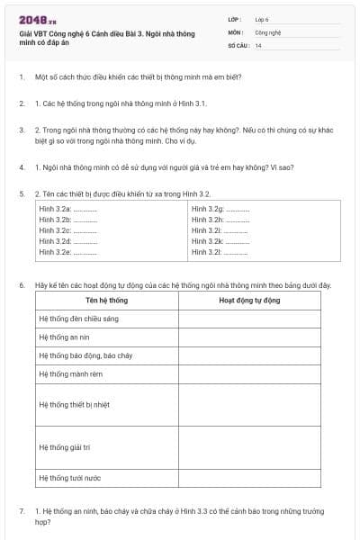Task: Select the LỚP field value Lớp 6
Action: (262, 19)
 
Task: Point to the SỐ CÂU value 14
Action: (258, 44)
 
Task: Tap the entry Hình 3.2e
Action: (68, 253)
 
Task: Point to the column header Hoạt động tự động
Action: (248, 301)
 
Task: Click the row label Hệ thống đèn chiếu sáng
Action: (79, 319)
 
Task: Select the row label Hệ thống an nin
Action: (65, 337)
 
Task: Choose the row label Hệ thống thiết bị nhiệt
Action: (79, 404)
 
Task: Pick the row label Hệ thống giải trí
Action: (70, 446)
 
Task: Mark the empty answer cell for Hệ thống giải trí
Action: (258, 446)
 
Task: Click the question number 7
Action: (22, 510)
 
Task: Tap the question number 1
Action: (22, 77)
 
